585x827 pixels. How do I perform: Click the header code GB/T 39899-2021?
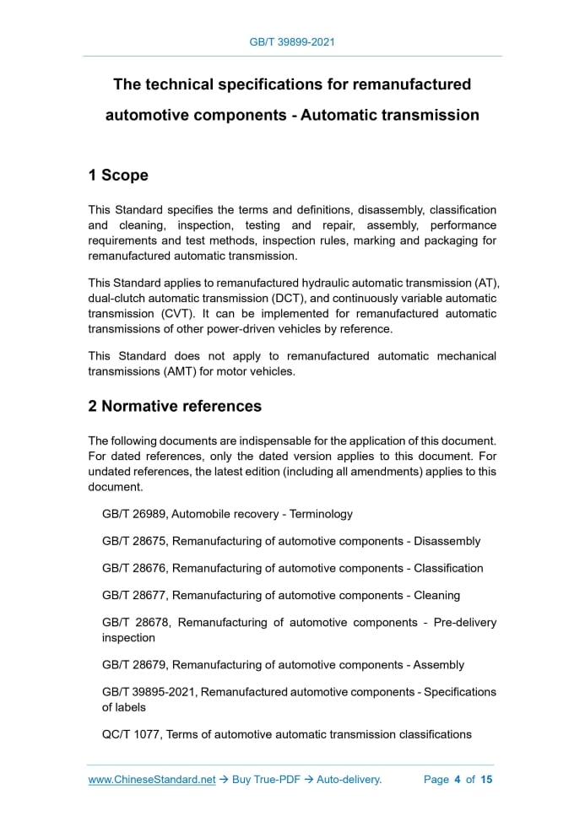coord(292,41)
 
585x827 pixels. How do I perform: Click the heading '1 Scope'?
coord(118,176)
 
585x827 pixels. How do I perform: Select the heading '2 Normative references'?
coord(175,406)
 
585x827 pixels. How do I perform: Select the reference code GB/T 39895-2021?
coord(149,692)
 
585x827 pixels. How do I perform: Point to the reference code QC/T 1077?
coord(131,734)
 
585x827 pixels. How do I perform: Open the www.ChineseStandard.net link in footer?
coord(152,780)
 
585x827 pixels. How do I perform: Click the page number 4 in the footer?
coord(457,780)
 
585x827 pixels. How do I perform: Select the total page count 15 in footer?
coord(486,780)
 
